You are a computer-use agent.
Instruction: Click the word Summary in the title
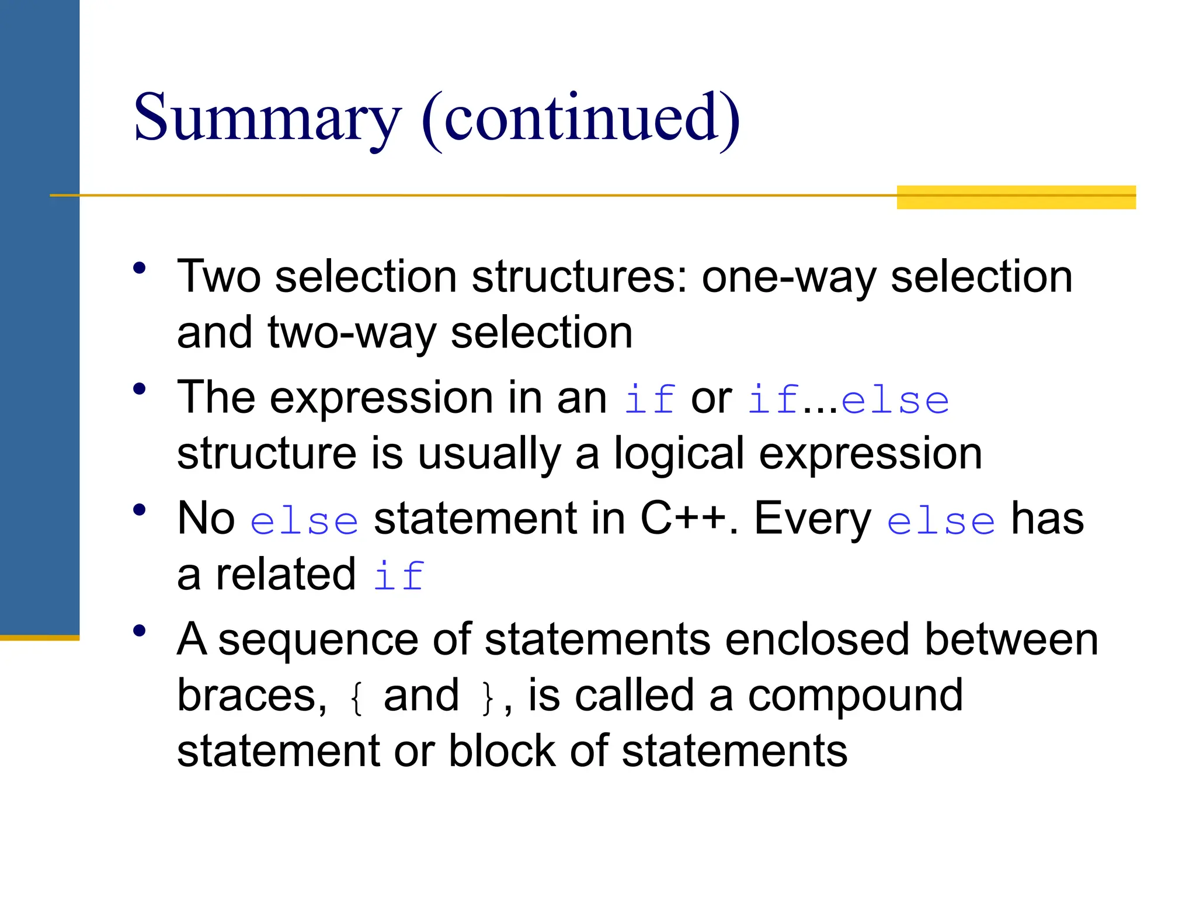pyautogui.click(x=267, y=119)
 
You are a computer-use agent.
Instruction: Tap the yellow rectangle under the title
pyautogui.click(x=1016, y=197)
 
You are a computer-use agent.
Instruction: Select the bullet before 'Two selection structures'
pyautogui.click(x=139, y=268)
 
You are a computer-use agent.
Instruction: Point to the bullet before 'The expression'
pyautogui.click(x=139, y=389)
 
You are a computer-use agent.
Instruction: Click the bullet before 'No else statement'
pyautogui.click(x=139, y=510)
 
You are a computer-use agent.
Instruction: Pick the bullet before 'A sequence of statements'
pyautogui.click(x=139, y=631)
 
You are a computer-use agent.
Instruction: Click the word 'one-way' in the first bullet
pyautogui.click(x=788, y=277)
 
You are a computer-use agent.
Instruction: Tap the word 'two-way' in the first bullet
pyautogui.click(x=352, y=333)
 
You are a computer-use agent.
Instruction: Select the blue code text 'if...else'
pyautogui.click(x=848, y=401)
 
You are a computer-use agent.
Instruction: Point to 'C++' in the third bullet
pyautogui.click(x=683, y=519)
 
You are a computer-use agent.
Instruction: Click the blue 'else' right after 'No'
pyautogui.click(x=304, y=521)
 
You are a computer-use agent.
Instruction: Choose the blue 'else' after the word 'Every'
pyautogui.click(x=940, y=521)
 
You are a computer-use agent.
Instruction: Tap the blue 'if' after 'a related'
pyautogui.click(x=399, y=576)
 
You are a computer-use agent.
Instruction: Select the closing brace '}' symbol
pyautogui.click(x=487, y=698)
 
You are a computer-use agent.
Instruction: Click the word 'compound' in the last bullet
pyautogui.click(x=855, y=696)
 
